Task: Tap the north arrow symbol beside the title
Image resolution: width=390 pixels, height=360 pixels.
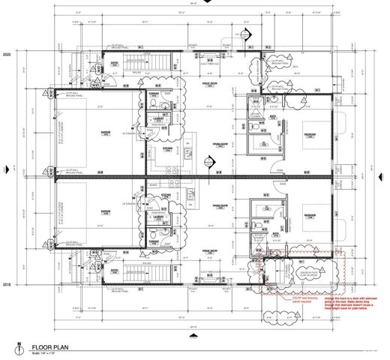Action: pyautogui.click(x=16, y=348)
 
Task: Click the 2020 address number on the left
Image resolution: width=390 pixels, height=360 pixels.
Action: pyautogui.click(x=7, y=55)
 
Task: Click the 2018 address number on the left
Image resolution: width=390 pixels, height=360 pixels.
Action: pyautogui.click(x=7, y=285)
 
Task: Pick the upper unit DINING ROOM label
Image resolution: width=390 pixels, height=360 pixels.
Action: pyautogui.click(x=219, y=146)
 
